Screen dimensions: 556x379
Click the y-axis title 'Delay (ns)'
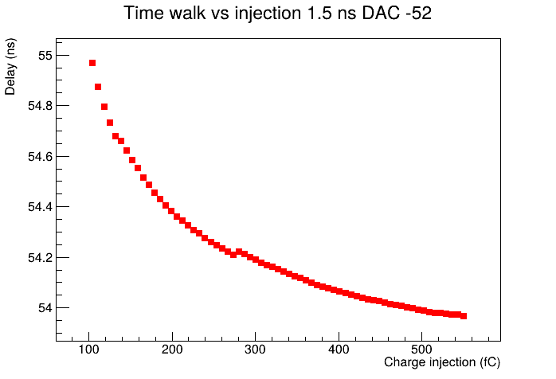10,67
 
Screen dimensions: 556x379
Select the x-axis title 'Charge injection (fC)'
442,362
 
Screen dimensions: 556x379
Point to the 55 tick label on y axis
45,56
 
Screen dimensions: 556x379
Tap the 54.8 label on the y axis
40,106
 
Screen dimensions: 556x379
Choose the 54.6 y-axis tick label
40,157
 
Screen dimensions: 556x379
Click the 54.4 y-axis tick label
40,207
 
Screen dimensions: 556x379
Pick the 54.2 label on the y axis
40,258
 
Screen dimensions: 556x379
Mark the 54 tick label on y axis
45,308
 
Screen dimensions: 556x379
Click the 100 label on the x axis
88,350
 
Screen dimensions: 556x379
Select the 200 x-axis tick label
172,350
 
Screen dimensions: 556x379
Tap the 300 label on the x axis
256,350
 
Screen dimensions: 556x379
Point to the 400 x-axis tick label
339,350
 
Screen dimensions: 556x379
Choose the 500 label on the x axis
421,350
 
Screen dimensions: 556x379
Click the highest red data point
92,63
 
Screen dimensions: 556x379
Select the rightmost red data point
464,316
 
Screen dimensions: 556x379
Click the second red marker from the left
98,87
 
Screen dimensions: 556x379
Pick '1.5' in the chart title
314,14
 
